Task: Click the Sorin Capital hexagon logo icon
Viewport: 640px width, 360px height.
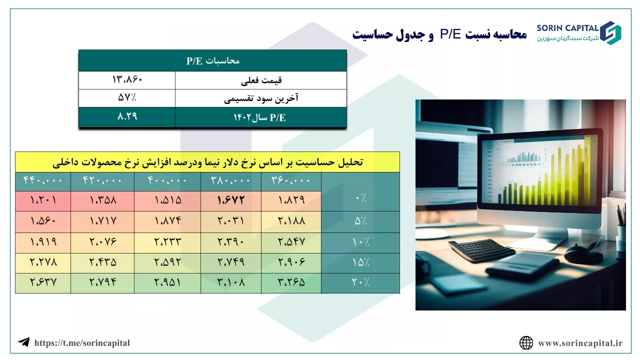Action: tap(610, 33)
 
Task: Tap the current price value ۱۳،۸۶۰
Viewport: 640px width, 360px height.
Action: tap(127, 79)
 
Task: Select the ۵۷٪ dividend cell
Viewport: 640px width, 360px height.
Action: tap(127, 97)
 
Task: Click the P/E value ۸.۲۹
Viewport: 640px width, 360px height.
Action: tap(127, 116)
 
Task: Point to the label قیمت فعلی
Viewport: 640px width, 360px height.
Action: tap(261, 80)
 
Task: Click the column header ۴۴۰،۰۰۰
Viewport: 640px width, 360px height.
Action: tap(43, 180)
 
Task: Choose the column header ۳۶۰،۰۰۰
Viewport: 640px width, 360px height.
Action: tap(291, 180)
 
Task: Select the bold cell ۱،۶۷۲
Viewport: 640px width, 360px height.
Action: tap(231, 200)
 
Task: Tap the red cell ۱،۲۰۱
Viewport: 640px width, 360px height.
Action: tap(43, 200)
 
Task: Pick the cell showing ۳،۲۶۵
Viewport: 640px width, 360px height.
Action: tap(291, 282)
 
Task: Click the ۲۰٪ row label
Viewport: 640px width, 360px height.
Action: tap(360, 282)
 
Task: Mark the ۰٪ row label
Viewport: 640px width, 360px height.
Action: tap(361, 197)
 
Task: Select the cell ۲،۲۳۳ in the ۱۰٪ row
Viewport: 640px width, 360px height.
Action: tap(167, 241)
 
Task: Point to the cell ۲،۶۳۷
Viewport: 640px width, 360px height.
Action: tap(43, 282)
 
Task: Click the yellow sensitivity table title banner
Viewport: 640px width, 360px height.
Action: tap(207, 162)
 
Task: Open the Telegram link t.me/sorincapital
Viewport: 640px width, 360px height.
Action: tap(82, 343)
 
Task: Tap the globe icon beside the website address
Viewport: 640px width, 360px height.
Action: tap(526, 343)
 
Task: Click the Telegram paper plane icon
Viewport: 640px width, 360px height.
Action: tap(24, 342)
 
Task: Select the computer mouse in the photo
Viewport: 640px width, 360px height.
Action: tap(583, 253)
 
